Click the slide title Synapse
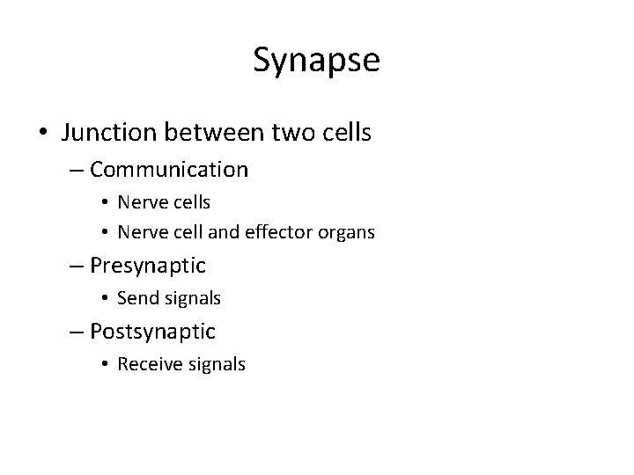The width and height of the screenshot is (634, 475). point(316,61)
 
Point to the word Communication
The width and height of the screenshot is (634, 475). point(169,168)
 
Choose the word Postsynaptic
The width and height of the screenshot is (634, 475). point(152,332)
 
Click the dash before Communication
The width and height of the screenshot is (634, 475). point(76,169)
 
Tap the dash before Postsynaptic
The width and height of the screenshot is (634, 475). point(76,332)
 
